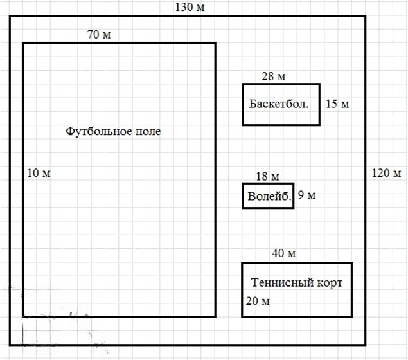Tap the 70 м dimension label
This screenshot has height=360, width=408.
99,35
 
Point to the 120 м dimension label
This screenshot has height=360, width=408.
387,173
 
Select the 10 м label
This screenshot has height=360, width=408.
39,173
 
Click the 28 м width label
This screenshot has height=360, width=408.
274,77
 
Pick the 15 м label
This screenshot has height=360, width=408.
337,104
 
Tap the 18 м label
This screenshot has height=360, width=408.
267,177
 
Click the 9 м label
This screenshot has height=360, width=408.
306,196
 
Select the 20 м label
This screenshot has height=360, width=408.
257,301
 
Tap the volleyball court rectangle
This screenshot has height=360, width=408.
268,203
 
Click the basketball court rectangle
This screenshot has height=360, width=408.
281,116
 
